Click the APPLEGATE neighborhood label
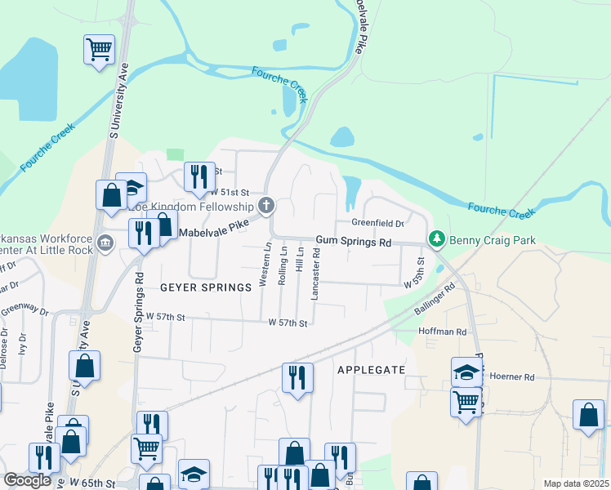[371, 370]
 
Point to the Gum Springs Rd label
[355, 243]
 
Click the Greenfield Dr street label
[377, 223]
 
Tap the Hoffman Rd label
[442, 332]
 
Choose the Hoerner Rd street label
[511, 377]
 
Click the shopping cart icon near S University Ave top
[100, 50]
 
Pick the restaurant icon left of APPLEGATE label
[297, 377]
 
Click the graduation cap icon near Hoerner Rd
[466, 372]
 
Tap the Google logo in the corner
[27, 479]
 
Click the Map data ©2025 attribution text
[576, 483]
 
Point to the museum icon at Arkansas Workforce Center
[105, 242]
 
